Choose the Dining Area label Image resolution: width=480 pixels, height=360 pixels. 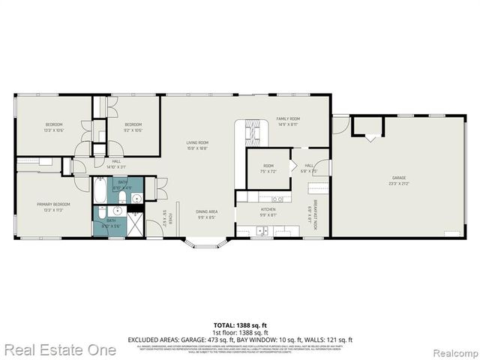pos(206,215)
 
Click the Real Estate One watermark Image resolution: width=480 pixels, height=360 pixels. pos(59,349)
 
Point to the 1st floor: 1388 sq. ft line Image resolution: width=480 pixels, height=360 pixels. pos(240,332)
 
